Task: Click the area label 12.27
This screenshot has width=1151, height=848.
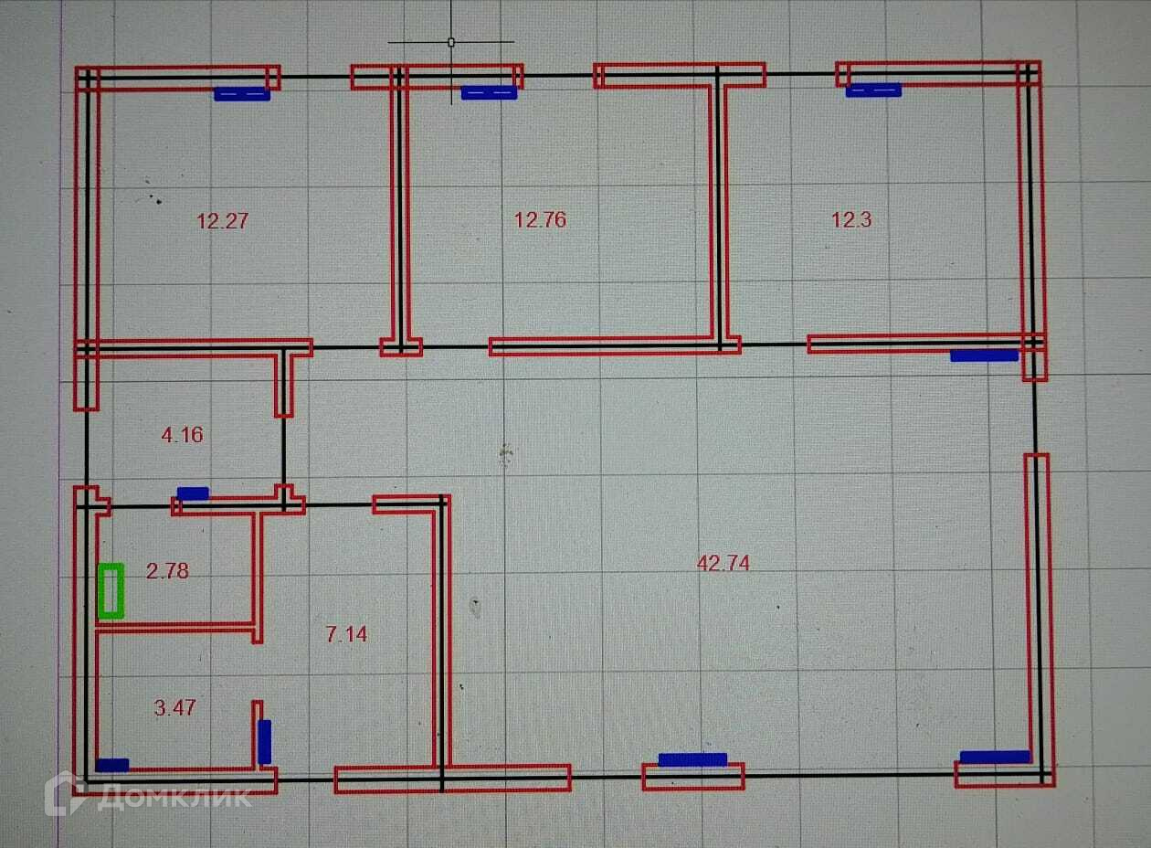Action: [x=223, y=220]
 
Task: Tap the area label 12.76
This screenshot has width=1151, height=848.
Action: [x=540, y=219]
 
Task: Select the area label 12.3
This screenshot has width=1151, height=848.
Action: [x=851, y=219]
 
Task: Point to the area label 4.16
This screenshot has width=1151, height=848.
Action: [x=182, y=435]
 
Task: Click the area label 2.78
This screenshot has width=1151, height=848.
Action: [x=167, y=571]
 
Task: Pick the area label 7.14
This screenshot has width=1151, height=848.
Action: [x=347, y=633]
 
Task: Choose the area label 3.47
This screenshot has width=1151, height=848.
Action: [x=175, y=707]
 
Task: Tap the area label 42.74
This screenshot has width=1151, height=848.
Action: [x=723, y=564]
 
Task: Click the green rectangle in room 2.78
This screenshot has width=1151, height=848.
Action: [x=111, y=591]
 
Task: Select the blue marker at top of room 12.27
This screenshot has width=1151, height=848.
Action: [x=242, y=93]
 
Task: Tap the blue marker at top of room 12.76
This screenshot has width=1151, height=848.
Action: [x=489, y=92]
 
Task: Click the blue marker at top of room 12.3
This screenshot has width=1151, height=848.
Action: [x=873, y=90]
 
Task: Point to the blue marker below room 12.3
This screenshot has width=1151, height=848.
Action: [x=984, y=355]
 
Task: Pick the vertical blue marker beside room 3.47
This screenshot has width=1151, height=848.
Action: [x=265, y=742]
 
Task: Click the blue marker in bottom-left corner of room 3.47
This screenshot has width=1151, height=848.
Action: [x=112, y=766]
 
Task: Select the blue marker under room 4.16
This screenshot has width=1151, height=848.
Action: [x=193, y=493]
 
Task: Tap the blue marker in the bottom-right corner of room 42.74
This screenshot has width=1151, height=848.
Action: [x=995, y=757]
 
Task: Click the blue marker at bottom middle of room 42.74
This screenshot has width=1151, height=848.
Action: [x=692, y=759]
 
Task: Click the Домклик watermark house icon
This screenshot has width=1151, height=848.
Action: [x=65, y=792]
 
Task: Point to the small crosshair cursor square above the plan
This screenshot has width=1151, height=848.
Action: [x=450, y=41]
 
